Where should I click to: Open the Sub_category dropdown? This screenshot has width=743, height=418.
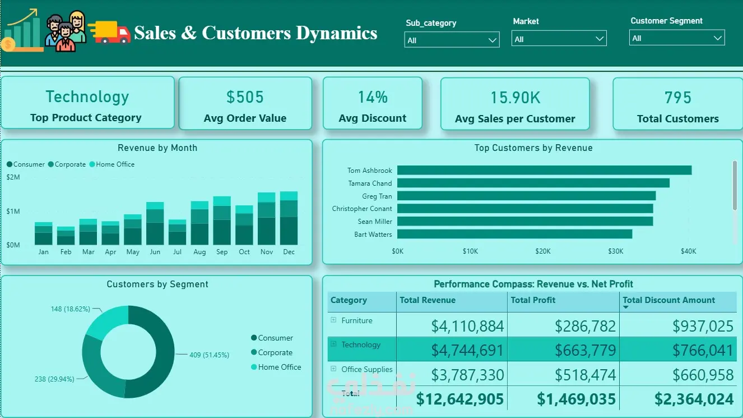pos(452,40)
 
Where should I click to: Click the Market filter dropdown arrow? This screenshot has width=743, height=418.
pos(599,39)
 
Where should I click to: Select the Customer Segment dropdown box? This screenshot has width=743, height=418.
pos(677,38)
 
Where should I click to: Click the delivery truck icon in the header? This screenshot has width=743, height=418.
pos(109,32)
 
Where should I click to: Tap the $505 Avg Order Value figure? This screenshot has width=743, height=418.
pos(245,97)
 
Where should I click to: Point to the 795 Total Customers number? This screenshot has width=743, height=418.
pos(677,97)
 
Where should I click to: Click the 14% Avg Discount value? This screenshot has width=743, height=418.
pos(373,97)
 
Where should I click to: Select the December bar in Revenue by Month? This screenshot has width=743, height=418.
pos(289,218)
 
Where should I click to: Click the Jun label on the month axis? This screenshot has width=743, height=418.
pos(155,252)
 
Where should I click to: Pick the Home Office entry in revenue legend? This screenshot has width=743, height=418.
pos(112,164)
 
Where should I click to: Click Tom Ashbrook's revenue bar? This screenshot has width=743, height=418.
pos(544,170)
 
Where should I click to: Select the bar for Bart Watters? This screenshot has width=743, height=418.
pos(514,234)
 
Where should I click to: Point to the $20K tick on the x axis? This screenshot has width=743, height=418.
pos(543,251)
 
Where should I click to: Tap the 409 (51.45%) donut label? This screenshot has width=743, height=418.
pos(210,355)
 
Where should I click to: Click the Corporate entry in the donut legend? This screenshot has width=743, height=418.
pos(272,352)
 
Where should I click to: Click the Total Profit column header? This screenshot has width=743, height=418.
pos(533,300)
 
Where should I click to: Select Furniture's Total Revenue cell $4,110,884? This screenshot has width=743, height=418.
pos(467,326)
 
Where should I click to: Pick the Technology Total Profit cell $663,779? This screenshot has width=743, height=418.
pos(585,350)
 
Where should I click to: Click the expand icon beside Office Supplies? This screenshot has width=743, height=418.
pos(333,369)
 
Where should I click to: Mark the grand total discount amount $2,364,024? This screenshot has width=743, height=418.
pos(694,399)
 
